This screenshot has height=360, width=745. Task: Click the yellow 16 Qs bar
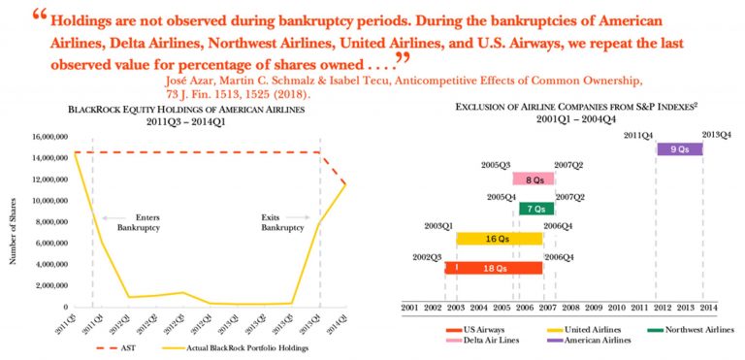[x=500, y=238]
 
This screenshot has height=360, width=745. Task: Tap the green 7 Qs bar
[x=536, y=209]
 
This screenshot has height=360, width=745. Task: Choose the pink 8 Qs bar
[x=534, y=179]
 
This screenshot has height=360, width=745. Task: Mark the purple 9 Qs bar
[x=679, y=149]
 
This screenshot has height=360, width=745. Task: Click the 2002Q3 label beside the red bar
[x=427, y=257]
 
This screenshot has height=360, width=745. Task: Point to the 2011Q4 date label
[x=637, y=135]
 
